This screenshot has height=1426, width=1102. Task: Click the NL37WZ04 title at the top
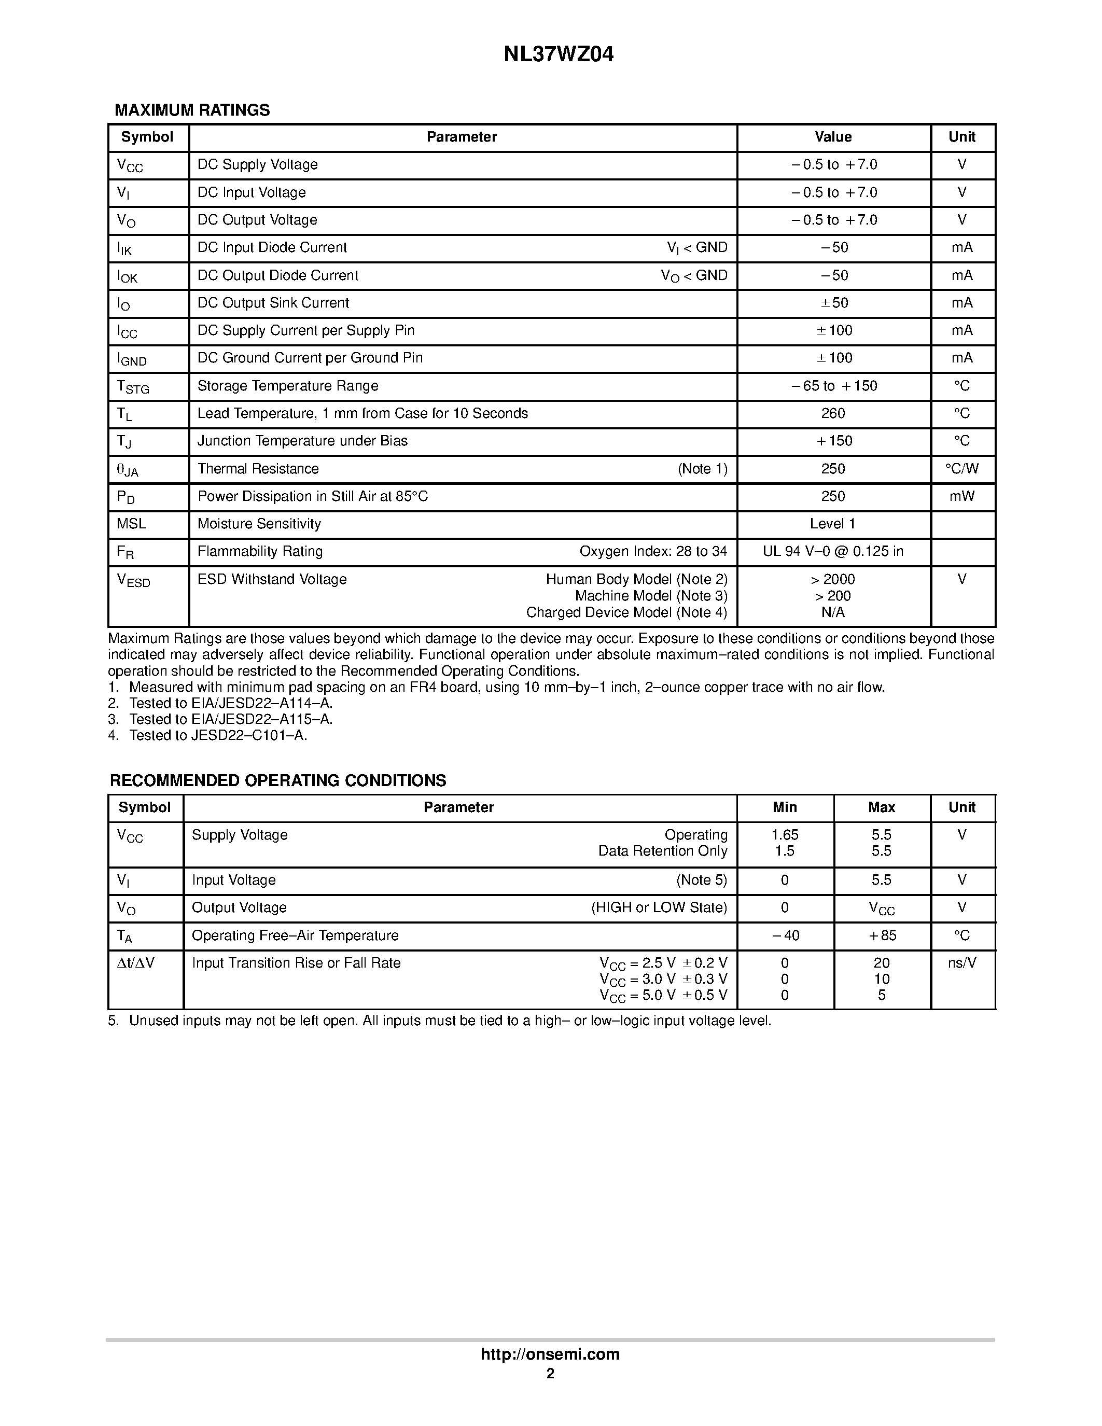click(558, 55)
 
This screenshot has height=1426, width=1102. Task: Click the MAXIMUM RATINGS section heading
click(192, 110)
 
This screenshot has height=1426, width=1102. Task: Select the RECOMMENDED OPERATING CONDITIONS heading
click(277, 780)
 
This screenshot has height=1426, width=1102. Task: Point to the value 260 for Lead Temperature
click(832, 413)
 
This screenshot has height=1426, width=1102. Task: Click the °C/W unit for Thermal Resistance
click(961, 469)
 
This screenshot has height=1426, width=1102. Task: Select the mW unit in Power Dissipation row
click(961, 496)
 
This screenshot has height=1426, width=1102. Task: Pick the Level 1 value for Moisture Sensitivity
click(832, 524)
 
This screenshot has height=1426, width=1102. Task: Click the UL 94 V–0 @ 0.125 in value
click(832, 551)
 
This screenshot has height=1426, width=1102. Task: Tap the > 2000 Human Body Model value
click(832, 579)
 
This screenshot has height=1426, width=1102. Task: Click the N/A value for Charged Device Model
click(832, 612)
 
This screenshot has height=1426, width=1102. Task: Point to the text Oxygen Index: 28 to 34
click(653, 551)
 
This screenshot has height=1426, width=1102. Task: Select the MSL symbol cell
click(131, 524)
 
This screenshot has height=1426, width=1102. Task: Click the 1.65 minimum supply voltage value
click(785, 835)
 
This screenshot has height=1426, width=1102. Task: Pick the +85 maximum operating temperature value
click(881, 935)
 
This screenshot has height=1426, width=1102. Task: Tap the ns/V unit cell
click(961, 963)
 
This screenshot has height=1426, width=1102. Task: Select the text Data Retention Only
click(662, 851)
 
